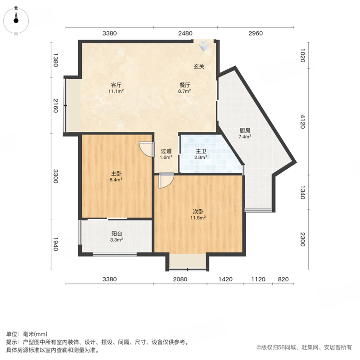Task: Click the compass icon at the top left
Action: [16, 21]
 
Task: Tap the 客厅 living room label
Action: [116, 85]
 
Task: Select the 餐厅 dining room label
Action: [184, 85]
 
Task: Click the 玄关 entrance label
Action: [199, 67]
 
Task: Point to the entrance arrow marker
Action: [203, 46]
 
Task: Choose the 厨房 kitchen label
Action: [245, 130]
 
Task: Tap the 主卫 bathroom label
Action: [201, 151]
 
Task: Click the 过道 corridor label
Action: [166, 151]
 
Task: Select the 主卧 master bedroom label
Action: [116, 174]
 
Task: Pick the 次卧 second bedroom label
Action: [198, 211]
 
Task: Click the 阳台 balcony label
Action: [117, 234]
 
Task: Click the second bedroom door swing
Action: [166, 181]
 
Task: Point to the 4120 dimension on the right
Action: [303, 121]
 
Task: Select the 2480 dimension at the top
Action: [185, 33]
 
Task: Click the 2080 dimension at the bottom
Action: [180, 279]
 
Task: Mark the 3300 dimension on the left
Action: [55, 176]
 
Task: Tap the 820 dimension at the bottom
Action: [283, 279]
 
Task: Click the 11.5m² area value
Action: [198, 218]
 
